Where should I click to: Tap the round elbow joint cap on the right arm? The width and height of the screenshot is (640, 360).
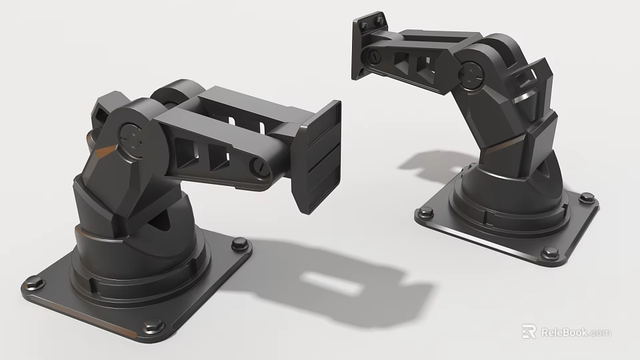click(472, 74)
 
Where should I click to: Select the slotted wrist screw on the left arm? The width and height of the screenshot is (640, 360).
click(259, 167)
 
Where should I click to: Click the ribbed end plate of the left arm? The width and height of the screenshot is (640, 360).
click(320, 157)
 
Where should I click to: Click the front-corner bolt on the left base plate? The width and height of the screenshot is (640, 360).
click(153, 327)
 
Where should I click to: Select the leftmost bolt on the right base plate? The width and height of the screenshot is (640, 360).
click(424, 214)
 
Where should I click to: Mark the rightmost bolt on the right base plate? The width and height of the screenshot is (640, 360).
click(587, 197)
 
